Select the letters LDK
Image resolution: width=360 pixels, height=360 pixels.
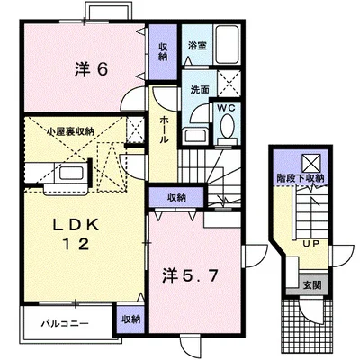66,223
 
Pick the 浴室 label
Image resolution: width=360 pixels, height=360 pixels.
197,43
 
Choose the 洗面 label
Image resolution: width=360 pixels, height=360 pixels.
200,90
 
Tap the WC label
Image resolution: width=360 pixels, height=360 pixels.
225,108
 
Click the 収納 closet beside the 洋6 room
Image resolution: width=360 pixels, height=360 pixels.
162,50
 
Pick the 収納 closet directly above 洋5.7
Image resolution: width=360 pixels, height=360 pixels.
175,197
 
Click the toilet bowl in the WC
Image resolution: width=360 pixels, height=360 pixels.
224,128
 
